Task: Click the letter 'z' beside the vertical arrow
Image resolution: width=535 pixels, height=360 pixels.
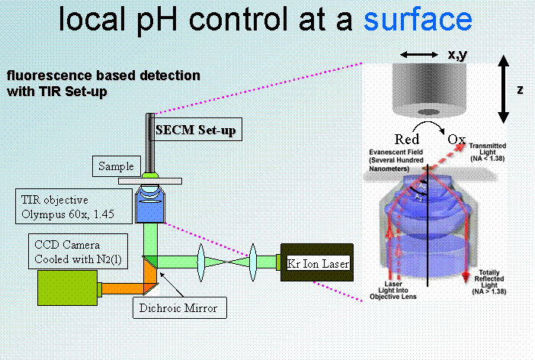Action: click(520, 90)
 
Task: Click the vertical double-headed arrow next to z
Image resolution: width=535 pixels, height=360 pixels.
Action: click(501, 90)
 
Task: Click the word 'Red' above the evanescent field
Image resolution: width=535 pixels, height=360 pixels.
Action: click(407, 140)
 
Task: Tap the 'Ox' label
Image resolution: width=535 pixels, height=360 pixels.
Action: click(457, 140)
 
